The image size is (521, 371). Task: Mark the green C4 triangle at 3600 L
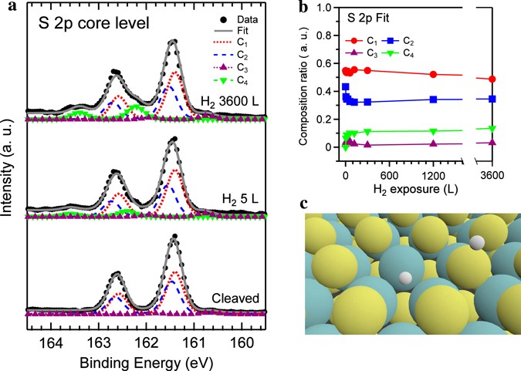(x=492, y=128)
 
